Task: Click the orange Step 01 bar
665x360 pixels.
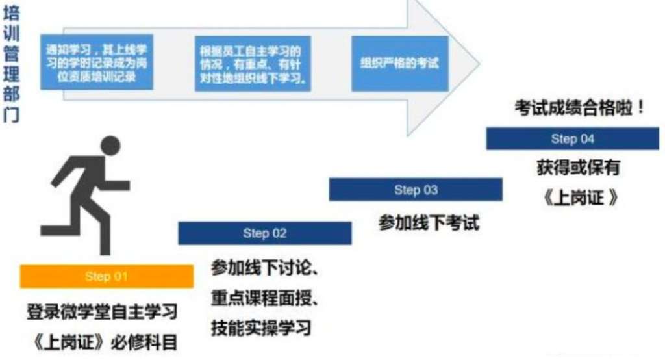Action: [107, 277]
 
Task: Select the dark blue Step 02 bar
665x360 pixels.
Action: [264, 233]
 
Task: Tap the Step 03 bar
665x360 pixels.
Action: [416, 190]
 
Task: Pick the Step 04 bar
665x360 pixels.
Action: [572, 139]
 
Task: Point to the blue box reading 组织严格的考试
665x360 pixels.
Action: [400, 63]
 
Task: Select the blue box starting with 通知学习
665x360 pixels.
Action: [96, 62]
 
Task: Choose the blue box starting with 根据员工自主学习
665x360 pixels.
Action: [253, 62]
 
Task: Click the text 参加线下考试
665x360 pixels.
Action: [429, 223]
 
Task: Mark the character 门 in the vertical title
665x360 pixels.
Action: [11, 116]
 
